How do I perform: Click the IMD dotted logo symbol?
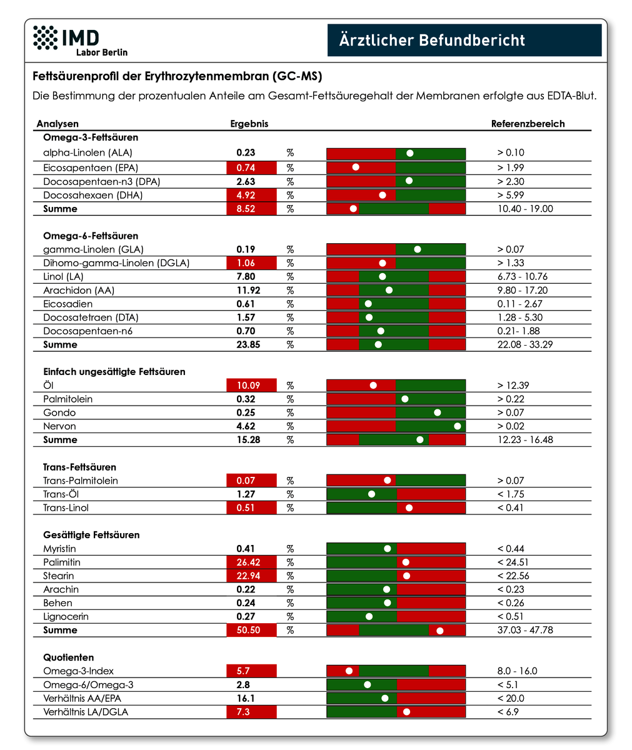point(45,37)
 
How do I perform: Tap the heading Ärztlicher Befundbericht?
point(432,39)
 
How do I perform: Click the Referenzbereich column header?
point(528,124)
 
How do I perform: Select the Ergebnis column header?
point(249,124)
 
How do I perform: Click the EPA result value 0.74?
point(246,167)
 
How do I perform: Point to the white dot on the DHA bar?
point(383,195)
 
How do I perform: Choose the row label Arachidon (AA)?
point(79,290)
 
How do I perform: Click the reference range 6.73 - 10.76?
point(522,277)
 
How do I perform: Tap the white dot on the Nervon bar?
point(457,426)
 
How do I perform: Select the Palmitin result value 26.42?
point(248,562)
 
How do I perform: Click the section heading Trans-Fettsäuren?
point(79,467)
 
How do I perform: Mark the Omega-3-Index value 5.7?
point(243,671)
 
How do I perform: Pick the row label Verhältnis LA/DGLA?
point(86,712)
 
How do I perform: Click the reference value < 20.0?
point(511,698)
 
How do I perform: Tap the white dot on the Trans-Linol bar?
point(409,508)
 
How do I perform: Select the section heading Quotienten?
point(68,657)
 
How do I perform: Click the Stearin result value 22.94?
point(248,576)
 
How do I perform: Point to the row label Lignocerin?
point(66,617)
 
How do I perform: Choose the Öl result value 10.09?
point(248,386)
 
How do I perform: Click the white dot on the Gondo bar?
point(437,412)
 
